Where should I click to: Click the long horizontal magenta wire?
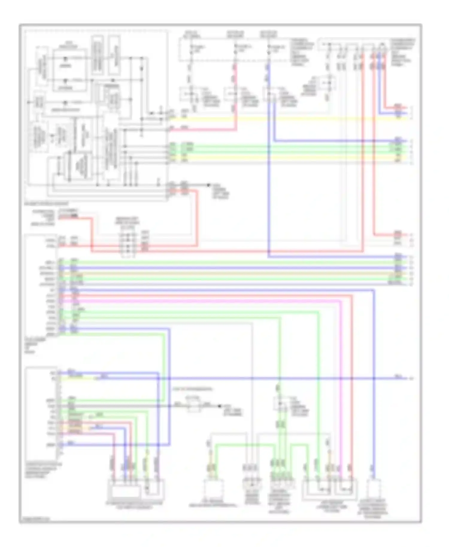[210, 301]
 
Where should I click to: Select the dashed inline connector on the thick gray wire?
[194, 406]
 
